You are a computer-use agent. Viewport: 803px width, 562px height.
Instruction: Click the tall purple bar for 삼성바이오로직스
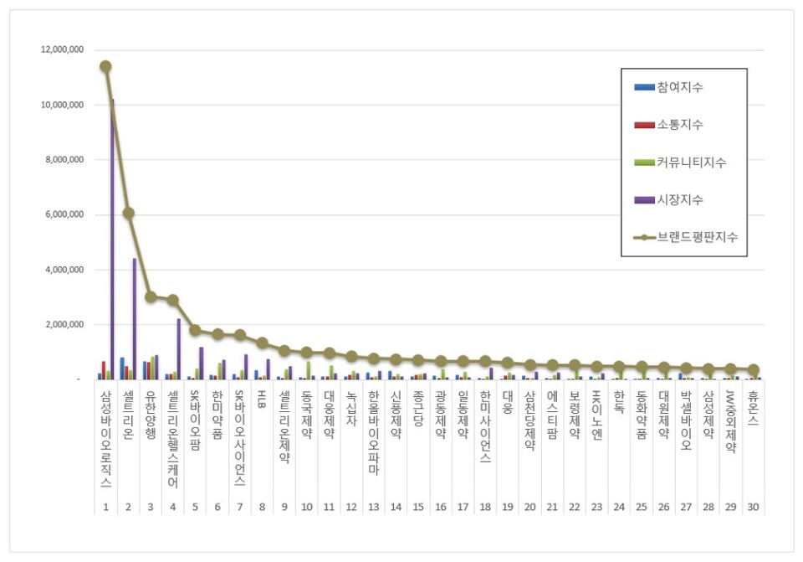[113, 243]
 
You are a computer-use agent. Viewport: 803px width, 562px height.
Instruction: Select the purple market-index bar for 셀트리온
[135, 318]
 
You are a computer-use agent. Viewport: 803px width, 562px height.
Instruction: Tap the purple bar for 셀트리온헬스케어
[179, 348]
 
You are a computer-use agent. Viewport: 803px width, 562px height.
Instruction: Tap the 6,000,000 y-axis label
[64, 215]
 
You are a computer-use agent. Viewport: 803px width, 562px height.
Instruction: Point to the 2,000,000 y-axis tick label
[64, 325]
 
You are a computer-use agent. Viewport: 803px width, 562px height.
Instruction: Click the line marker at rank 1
[105, 66]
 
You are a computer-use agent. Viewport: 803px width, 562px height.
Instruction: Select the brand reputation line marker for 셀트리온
[128, 213]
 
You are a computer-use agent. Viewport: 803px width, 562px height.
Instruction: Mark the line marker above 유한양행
[150, 296]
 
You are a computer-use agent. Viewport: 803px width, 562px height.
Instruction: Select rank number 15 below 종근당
[417, 508]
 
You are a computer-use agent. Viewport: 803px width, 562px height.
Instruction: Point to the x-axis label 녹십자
[350, 409]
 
